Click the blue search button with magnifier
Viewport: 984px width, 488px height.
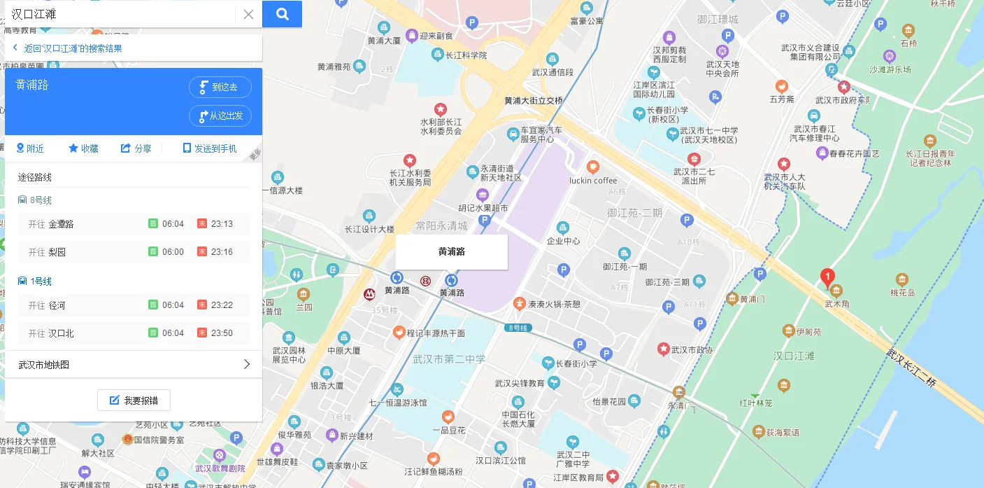[282, 14]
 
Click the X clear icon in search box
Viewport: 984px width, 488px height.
[248, 14]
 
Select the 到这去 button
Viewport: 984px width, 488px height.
[220, 87]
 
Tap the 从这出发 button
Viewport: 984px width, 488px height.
[220, 116]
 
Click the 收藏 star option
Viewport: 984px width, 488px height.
[83, 148]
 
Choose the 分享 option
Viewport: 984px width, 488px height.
[136, 148]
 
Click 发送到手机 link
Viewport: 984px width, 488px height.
[210, 148]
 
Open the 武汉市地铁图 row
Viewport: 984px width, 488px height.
[134, 365]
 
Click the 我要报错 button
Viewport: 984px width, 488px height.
[134, 400]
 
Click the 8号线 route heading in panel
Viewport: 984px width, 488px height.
[41, 200]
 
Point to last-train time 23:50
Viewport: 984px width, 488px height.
[222, 333]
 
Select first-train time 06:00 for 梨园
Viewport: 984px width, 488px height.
[173, 252]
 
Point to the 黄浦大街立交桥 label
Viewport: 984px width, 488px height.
[533, 101]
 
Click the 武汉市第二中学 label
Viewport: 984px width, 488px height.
[448, 359]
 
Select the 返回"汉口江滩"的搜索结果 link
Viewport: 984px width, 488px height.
[73, 48]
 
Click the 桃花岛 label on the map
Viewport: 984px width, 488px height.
[902, 293]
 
